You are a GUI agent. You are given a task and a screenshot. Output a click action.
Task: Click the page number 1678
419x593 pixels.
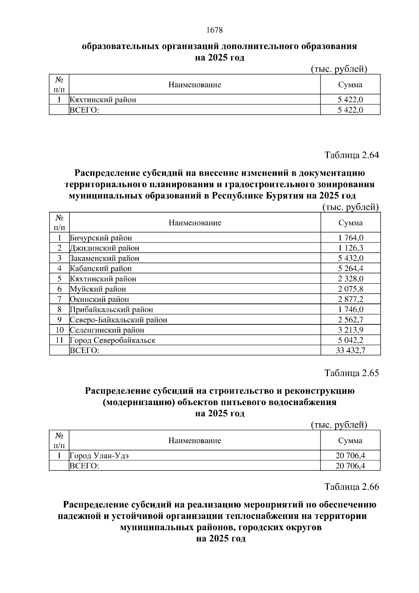click(214, 30)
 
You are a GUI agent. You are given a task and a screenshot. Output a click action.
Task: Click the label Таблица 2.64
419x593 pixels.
click(352, 155)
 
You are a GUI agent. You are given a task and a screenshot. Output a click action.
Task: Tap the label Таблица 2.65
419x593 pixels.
click(352, 373)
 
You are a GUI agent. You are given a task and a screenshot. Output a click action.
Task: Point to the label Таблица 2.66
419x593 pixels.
click(352, 486)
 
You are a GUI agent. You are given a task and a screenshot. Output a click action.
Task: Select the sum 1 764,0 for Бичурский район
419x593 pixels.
click(351, 238)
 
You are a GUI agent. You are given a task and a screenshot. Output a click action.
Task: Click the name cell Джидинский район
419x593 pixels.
click(104, 248)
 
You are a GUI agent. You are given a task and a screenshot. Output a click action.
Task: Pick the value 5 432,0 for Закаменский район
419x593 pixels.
click(351, 258)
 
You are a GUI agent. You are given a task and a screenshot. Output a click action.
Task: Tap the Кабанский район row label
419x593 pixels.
click(101, 269)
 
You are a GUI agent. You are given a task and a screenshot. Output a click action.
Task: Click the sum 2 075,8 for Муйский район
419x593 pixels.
click(351, 289)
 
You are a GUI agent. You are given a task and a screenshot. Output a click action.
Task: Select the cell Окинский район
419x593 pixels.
click(100, 299)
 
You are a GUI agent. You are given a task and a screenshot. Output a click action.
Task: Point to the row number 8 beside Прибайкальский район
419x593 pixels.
click(59, 309)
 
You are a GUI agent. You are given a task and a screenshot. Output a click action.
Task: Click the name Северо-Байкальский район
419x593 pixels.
click(118, 320)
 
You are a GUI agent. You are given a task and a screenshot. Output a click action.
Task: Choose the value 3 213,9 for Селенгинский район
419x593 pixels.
click(351, 330)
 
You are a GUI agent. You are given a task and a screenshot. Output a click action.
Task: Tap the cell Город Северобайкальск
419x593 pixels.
click(112, 340)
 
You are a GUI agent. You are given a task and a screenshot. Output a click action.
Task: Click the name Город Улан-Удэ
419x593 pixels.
click(100, 456)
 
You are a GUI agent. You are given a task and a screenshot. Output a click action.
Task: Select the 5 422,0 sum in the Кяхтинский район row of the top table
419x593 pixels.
click(350, 100)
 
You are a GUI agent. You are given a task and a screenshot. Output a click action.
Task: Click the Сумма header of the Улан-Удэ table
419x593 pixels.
click(350, 441)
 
